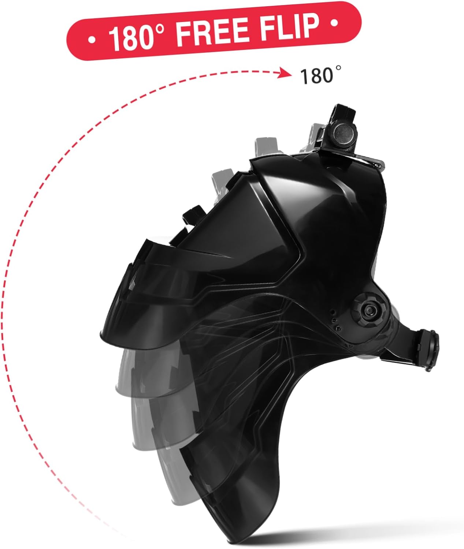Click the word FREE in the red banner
click(x=212, y=32)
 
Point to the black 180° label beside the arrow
click(x=321, y=76)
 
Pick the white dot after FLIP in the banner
click(x=334, y=23)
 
